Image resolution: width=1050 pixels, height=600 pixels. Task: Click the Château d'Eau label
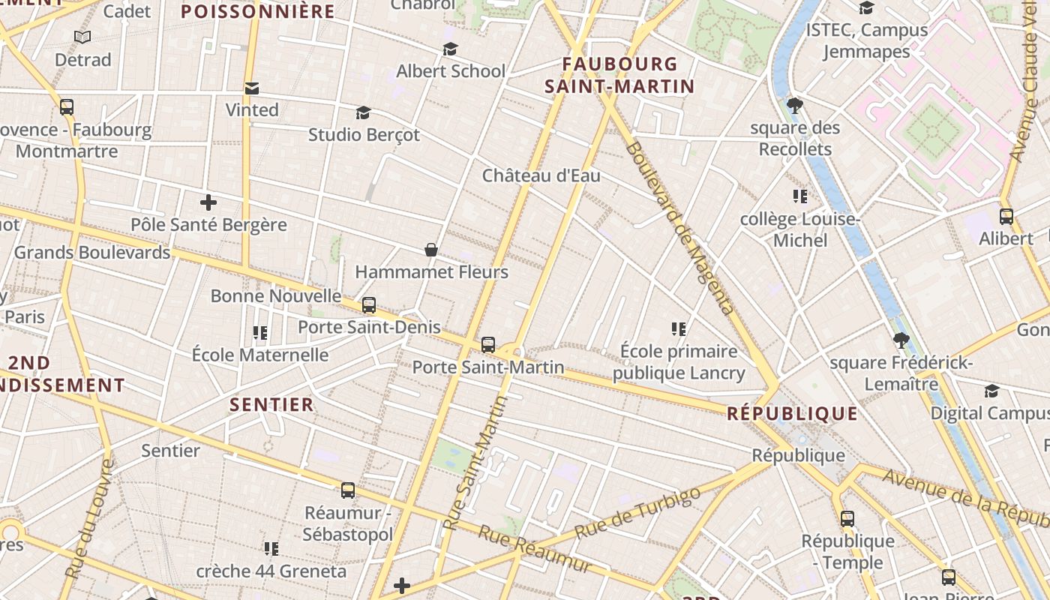541,175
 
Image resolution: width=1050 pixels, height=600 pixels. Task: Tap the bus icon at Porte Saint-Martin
488,345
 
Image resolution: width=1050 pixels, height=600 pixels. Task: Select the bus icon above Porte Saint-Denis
368,305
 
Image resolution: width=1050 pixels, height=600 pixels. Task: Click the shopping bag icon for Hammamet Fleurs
431,250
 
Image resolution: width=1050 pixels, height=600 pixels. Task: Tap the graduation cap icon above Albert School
450,49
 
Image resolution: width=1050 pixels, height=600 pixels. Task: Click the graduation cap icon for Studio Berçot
363,113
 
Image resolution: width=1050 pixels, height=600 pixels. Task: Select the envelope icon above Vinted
252,88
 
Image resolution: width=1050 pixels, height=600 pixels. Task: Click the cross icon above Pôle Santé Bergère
208,202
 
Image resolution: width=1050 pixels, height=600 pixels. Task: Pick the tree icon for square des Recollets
795,106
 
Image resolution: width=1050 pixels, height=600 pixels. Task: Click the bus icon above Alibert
1006,217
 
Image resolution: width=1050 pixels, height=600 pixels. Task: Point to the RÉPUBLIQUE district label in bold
792,413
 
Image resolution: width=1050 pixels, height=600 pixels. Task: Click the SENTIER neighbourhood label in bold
271,405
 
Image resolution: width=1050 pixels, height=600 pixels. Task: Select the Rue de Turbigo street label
638,512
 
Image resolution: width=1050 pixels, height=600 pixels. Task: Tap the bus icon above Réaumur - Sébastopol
347,490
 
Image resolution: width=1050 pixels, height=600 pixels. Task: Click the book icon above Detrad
82,37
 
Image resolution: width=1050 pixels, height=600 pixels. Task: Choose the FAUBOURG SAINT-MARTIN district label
619,75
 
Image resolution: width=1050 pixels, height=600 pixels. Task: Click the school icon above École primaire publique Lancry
679,329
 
